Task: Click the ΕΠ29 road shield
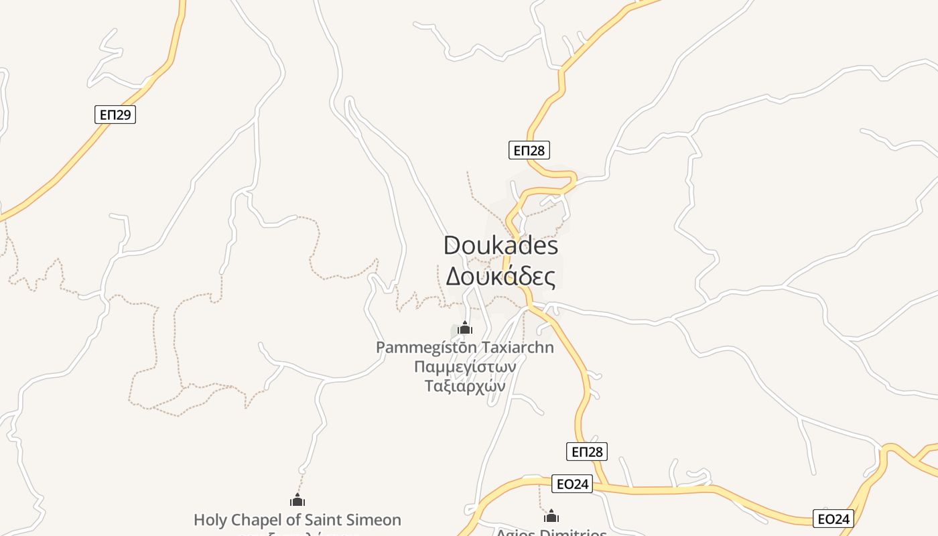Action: (115, 115)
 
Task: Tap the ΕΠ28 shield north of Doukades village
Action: (529, 150)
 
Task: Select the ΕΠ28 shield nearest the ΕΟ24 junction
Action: (587, 452)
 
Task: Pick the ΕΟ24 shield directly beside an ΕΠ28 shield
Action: (572, 484)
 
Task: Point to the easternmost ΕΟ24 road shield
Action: (833, 518)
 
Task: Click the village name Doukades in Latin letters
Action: (500, 245)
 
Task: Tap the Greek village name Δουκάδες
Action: (500, 276)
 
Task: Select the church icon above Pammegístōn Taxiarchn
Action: (465, 328)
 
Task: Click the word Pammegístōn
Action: (426, 348)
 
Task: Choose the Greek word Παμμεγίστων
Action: (464, 367)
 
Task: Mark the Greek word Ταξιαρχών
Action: (464, 386)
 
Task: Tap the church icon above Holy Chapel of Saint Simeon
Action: (297, 500)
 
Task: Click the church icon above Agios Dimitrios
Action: (551, 516)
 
